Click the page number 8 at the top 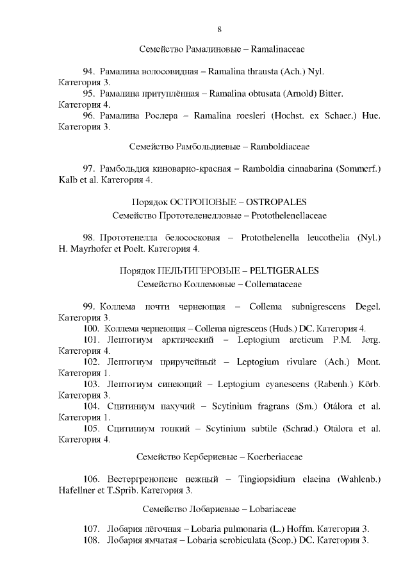(220, 29)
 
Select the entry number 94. (89, 72)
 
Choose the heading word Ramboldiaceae (280, 147)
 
